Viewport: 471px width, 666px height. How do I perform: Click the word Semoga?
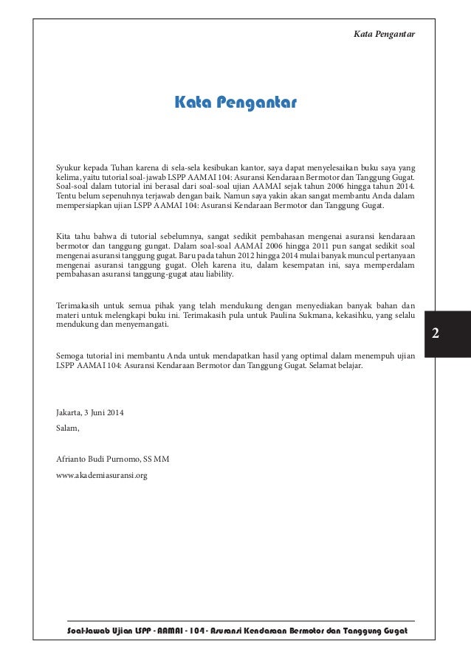72,355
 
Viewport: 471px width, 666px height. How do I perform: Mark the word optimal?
298,355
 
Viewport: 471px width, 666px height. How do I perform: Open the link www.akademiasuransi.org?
102,476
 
